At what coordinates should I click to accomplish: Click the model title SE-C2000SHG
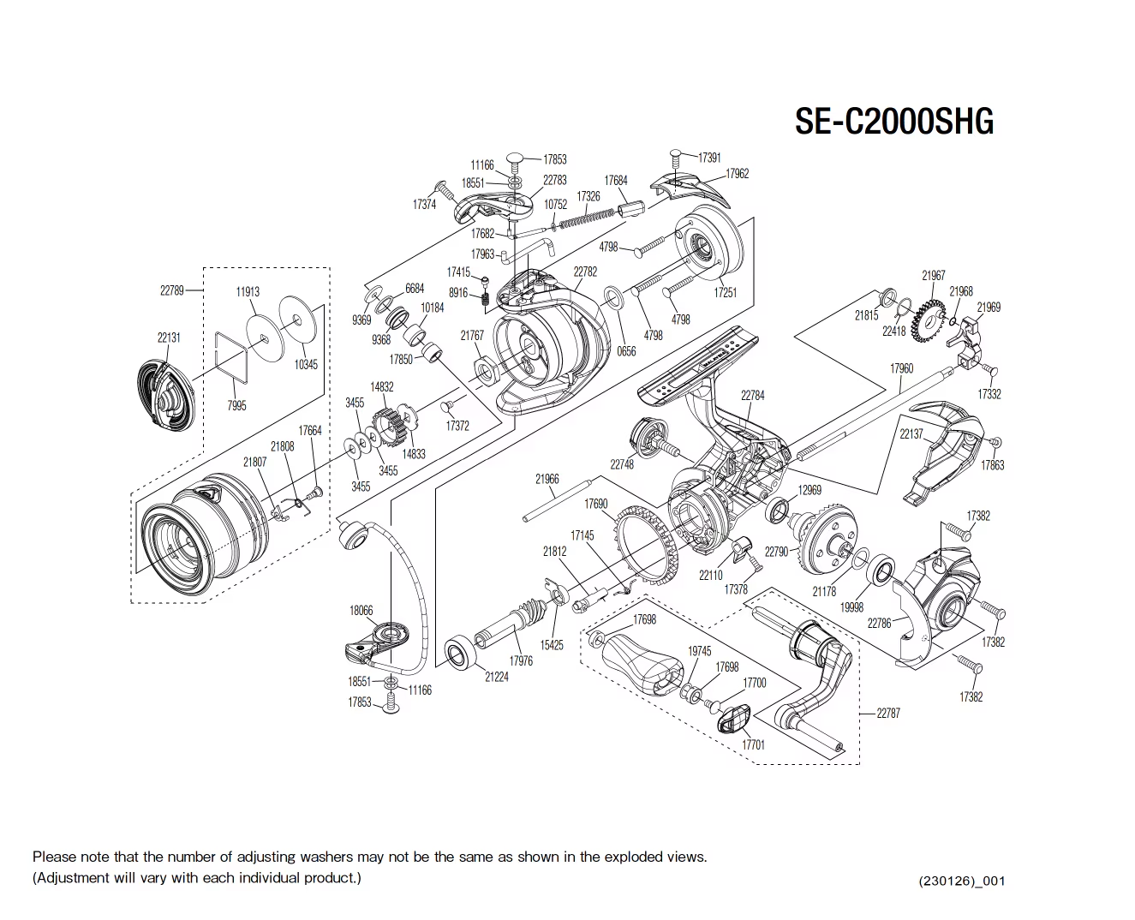(893, 122)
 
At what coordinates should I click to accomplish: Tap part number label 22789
(172, 290)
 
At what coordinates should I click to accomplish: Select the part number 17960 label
(901, 368)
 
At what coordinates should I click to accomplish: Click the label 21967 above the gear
(933, 275)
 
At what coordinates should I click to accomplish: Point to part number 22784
(752, 395)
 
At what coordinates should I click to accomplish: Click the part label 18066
(361, 610)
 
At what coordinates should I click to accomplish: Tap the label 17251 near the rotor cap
(725, 293)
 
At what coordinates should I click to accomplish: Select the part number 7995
(236, 405)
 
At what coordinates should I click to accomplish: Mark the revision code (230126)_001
(960, 881)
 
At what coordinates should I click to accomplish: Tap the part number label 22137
(911, 434)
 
